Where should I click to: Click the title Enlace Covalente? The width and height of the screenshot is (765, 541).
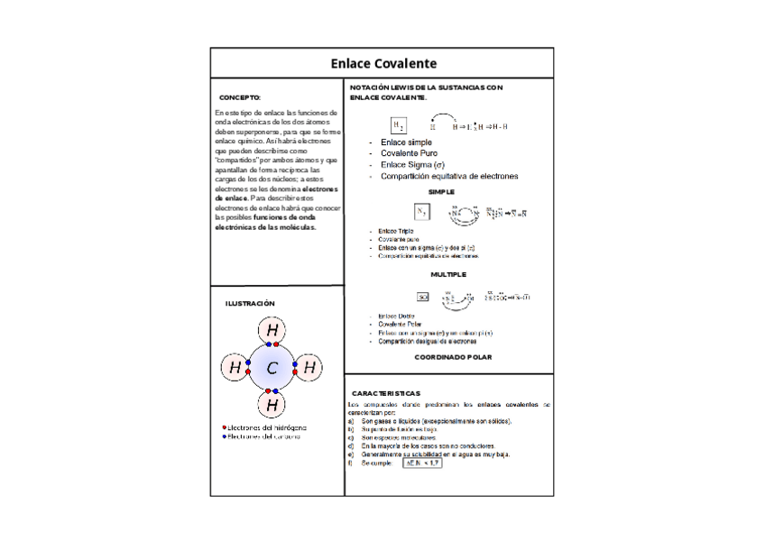[x=382, y=63]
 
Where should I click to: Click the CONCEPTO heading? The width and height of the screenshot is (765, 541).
[x=240, y=97]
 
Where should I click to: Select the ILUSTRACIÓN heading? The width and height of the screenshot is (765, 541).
[x=250, y=304]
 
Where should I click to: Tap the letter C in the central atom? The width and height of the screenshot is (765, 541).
[x=272, y=368]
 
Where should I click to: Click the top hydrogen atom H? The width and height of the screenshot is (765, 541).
[x=272, y=331]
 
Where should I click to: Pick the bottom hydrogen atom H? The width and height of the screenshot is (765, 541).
[x=272, y=404]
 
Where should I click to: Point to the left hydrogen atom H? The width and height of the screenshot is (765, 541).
[x=235, y=368]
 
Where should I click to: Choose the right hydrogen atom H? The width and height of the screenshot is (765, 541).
[x=309, y=368]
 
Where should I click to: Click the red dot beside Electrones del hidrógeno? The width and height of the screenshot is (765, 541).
[x=224, y=426]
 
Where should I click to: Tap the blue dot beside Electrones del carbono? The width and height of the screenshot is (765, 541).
[x=224, y=436]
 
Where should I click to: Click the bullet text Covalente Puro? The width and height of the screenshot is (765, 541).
[x=408, y=153]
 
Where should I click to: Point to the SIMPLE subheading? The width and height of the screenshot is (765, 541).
[x=441, y=191]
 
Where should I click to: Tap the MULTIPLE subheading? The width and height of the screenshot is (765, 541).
[x=448, y=273]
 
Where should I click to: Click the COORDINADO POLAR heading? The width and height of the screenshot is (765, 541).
[x=453, y=357]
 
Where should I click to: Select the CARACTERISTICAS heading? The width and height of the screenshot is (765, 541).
[x=385, y=394]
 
